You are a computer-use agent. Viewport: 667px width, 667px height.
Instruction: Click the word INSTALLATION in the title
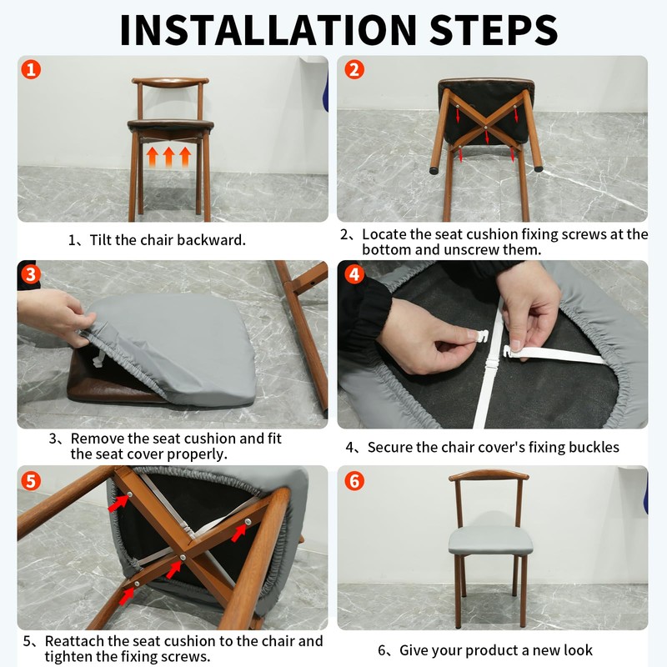(x=268, y=30)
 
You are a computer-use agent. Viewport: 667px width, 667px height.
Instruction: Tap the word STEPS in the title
(x=494, y=30)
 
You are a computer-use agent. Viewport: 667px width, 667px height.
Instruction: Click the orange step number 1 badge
(x=31, y=69)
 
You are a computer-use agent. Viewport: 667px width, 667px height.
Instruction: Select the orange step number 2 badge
(x=354, y=69)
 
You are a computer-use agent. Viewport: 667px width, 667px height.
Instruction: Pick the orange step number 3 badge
(x=31, y=274)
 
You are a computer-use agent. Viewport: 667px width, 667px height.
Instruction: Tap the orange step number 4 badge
(x=354, y=274)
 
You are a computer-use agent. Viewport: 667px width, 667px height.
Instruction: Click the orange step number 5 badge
(x=31, y=481)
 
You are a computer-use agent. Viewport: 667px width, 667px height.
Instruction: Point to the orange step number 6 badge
(x=354, y=481)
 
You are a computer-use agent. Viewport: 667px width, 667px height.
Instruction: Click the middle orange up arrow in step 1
(x=169, y=157)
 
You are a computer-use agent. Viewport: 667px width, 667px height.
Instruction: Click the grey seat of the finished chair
(x=490, y=540)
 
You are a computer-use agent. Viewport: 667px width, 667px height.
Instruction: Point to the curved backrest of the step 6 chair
(x=489, y=474)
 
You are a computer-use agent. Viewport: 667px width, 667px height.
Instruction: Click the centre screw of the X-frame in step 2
(x=486, y=126)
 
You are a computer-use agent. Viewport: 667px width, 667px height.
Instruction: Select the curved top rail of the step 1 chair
(x=170, y=82)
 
